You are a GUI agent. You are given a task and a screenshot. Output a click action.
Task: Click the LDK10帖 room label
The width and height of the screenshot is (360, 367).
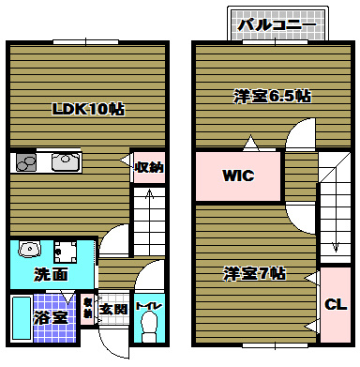[x=87, y=109]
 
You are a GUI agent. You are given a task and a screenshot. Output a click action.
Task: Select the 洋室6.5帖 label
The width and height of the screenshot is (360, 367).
[x=273, y=97]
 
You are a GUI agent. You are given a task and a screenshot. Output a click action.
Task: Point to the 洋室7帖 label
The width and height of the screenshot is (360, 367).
[x=254, y=274]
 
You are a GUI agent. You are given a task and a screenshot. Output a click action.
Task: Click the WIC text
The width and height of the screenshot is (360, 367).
[x=238, y=176]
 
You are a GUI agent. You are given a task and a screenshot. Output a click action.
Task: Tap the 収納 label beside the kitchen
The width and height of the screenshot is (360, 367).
[x=148, y=168]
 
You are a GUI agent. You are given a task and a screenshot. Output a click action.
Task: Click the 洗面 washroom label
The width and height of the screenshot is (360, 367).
[x=51, y=275]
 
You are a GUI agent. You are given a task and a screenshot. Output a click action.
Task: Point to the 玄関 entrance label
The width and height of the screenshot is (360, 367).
[x=113, y=307]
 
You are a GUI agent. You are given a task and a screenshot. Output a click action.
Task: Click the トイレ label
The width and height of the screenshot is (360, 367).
[x=146, y=305]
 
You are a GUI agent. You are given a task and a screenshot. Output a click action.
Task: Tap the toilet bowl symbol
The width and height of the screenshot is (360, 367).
[x=146, y=329]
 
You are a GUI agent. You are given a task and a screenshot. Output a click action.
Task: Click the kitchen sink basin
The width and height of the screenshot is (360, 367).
[x=66, y=162]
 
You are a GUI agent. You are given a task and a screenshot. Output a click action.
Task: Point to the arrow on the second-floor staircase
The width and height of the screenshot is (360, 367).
[x=334, y=235]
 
